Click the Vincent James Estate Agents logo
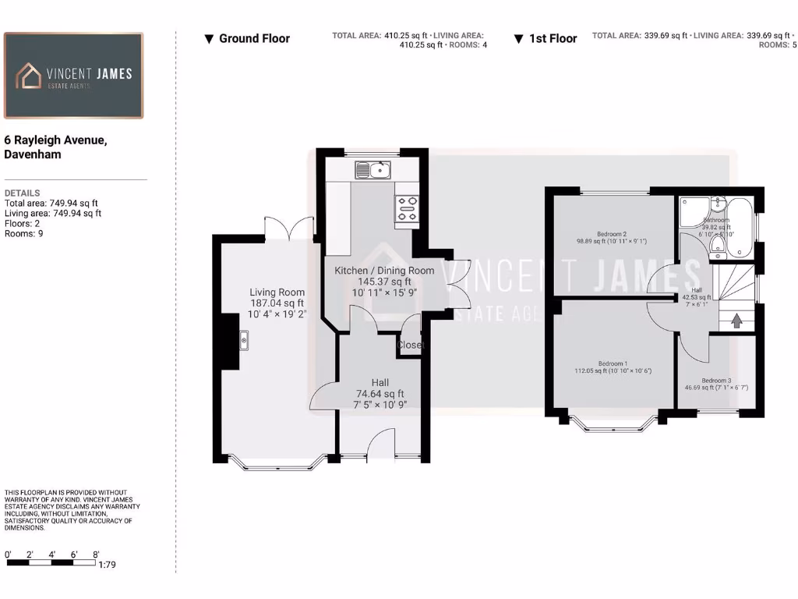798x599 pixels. (x=73, y=76)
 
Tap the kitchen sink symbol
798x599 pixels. (x=373, y=169)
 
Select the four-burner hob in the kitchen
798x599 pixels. (x=406, y=208)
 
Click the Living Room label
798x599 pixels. (x=277, y=292)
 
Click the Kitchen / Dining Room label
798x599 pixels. (x=383, y=271)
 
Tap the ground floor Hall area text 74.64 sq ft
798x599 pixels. (x=380, y=394)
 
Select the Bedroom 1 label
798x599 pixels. (x=613, y=363)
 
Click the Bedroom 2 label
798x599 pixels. (x=612, y=234)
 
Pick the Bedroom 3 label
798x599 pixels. (x=716, y=381)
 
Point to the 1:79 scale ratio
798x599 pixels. (x=107, y=565)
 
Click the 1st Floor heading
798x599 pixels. (x=553, y=38)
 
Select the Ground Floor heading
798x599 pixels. (x=254, y=38)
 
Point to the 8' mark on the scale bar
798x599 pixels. (x=96, y=555)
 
